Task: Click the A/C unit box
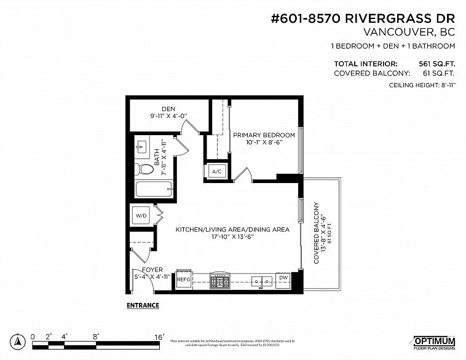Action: (217, 172)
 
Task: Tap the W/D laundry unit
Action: (141, 216)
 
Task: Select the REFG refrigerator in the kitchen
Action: (184, 280)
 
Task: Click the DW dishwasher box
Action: (283, 278)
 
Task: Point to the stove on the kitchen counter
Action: (219, 281)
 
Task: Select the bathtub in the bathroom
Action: (151, 190)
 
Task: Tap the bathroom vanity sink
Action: (141, 146)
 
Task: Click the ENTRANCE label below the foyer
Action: (143, 305)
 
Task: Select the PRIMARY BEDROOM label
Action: (263, 135)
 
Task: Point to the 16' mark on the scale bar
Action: (159, 337)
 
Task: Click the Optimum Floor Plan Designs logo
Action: (433, 342)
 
